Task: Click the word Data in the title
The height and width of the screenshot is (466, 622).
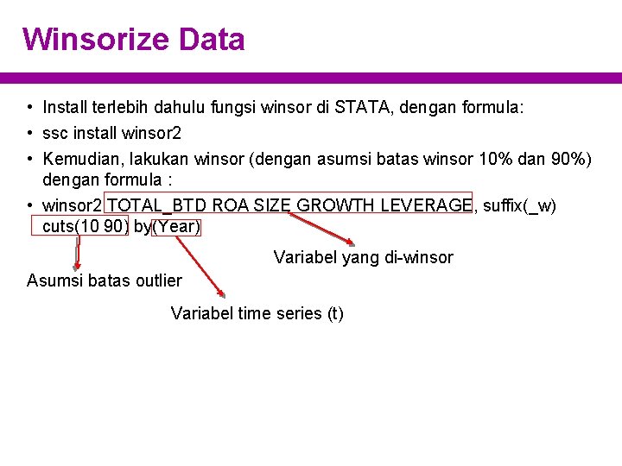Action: click(x=213, y=39)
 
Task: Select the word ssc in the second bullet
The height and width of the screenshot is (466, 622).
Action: click(x=56, y=134)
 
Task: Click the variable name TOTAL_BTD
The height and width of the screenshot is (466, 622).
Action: click(x=158, y=205)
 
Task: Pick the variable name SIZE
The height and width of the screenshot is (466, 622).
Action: click(x=273, y=205)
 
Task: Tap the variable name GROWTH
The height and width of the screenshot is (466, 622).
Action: click(x=336, y=205)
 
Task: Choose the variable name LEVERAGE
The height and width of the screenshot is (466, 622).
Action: click(x=426, y=205)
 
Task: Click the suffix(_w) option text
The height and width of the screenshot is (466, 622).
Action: click(x=520, y=205)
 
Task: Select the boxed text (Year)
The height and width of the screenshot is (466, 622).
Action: click(x=176, y=227)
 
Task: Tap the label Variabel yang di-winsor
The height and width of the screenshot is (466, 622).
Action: click(x=363, y=257)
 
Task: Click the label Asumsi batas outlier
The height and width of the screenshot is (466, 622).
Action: click(x=105, y=280)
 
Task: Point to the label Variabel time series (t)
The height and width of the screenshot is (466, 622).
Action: click(x=257, y=313)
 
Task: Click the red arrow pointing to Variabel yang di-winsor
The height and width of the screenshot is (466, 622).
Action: click(x=321, y=230)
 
